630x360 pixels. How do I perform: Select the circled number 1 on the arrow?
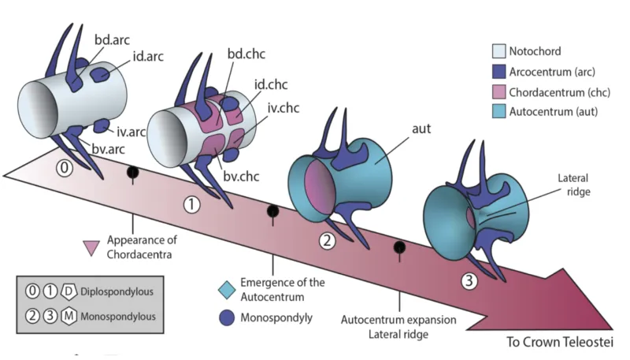(x=191, y=204)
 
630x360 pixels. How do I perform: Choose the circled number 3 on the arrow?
(x=470, y=279)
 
